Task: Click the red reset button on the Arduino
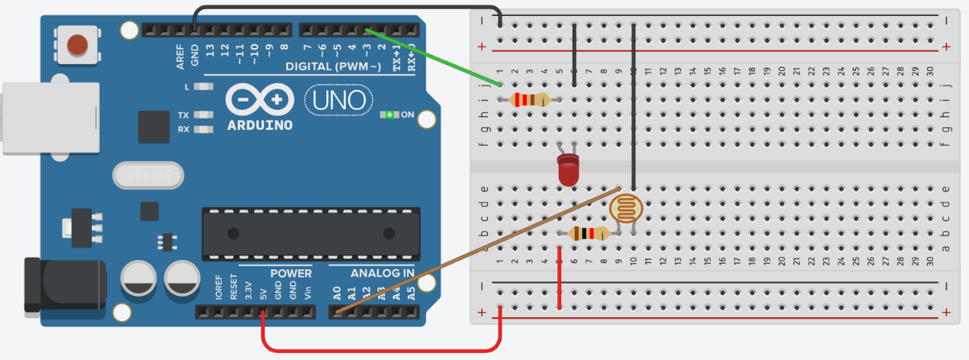[77, 44]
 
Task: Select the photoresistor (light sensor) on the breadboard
[627, 208]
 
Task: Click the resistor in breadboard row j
[529, 99]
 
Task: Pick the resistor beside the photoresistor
[589, 234]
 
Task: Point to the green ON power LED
[390, 115]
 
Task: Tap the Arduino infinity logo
[259, 100]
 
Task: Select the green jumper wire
[435, 56]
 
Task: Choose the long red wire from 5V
[381, 350]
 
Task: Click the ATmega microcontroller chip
[310, 233]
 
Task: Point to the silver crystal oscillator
[148, 177]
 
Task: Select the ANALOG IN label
[382, 273]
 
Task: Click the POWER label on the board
[290, 273]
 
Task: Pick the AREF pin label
[180, 56]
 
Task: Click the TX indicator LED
[202, 115]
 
